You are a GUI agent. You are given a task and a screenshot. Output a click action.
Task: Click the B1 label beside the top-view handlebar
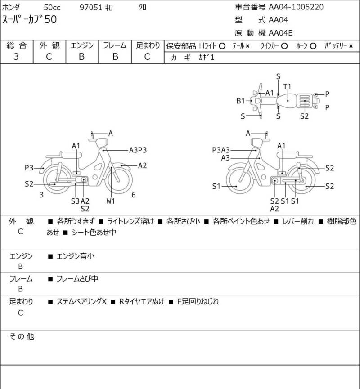point(241,100)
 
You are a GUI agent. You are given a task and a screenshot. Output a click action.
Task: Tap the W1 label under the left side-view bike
point(111,201)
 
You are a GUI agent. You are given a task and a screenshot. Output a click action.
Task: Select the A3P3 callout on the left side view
point(138,150)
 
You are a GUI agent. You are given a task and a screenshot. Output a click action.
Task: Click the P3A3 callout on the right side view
point(221,150)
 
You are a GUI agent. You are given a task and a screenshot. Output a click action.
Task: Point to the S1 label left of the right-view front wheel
point(216,186)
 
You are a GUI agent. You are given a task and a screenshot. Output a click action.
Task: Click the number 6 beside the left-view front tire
point(134,195)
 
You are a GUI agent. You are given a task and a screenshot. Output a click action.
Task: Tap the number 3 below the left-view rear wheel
point(41,195)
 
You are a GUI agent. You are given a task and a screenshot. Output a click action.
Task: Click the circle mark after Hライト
point(222,46)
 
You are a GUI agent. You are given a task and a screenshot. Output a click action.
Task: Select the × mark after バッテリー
point(351,46)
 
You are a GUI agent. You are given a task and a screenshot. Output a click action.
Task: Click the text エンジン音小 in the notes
point(76,256)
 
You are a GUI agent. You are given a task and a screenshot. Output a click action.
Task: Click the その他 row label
point(22,336)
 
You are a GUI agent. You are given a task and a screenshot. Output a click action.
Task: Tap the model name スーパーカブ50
point(30,20)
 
